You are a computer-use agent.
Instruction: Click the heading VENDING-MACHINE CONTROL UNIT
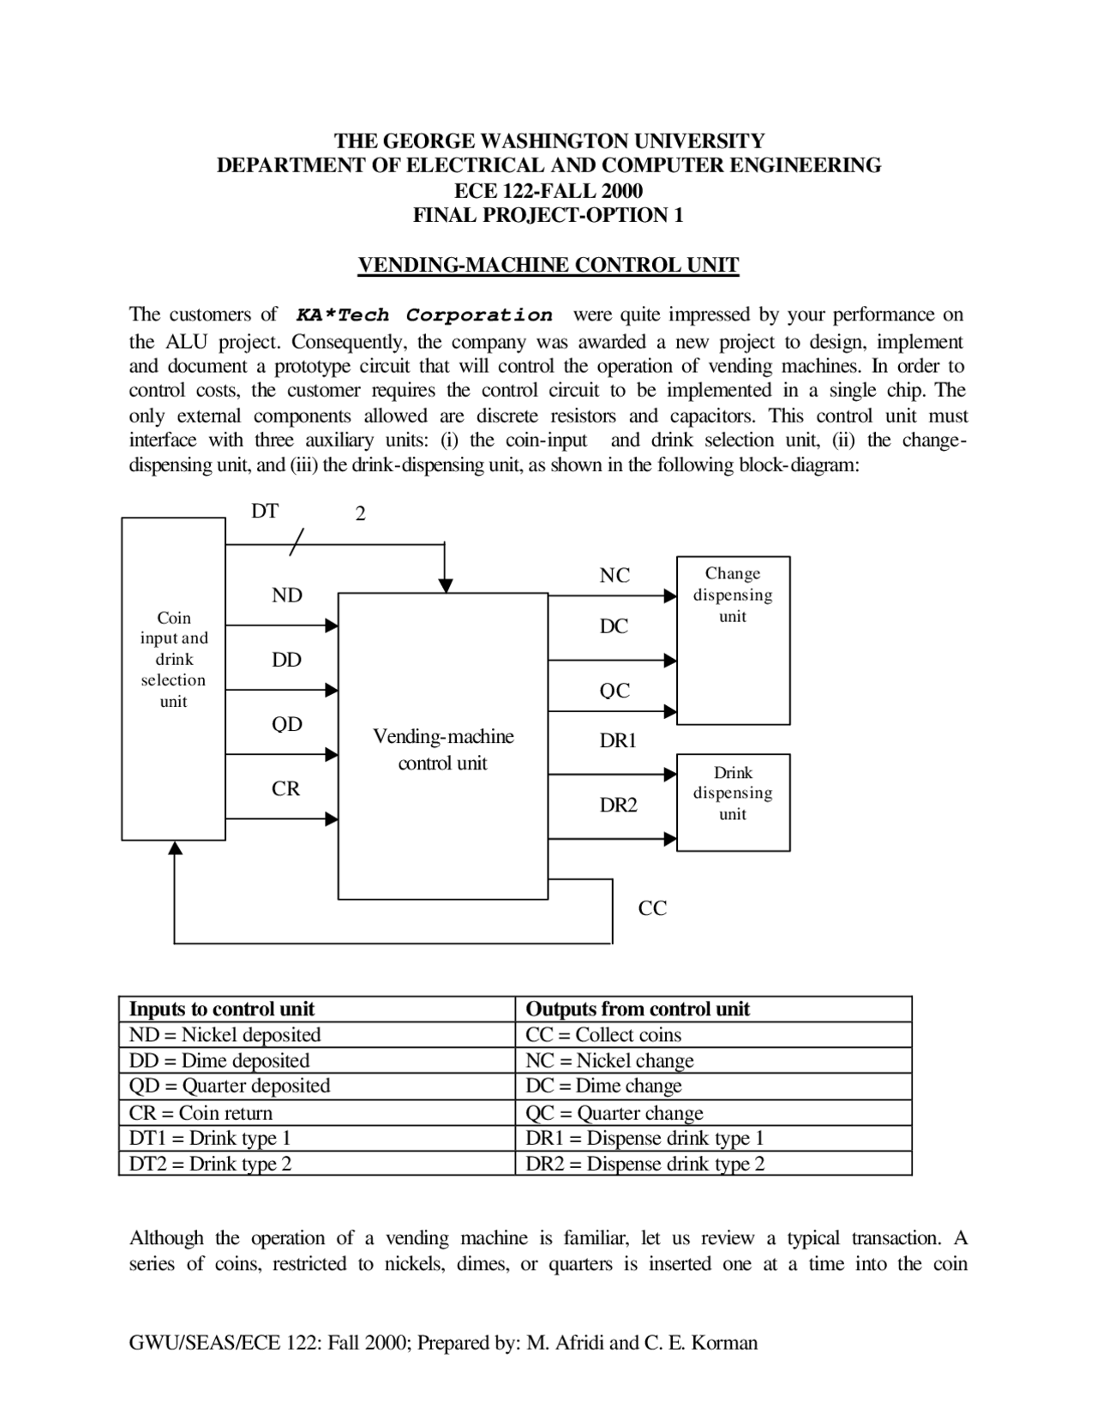pos(548,265)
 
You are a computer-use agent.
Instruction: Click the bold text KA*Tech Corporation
pos(424,315)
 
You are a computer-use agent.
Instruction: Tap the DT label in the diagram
pos(265,512)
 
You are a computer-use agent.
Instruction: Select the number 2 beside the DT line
pos(360,514)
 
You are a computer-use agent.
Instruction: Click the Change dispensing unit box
pos(733,640)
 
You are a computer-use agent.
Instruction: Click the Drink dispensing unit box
pos(733,802)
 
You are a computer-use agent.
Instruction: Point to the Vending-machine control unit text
pos(443,750)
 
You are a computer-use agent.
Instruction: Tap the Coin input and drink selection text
pos(174,659)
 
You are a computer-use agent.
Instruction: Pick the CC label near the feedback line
pos(652,908)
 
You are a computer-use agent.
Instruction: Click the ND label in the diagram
pos(287,596)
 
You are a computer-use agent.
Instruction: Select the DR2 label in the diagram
pos(618,805)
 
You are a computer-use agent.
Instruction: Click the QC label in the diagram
pos(614,691)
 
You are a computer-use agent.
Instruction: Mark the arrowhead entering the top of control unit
pos(445,586)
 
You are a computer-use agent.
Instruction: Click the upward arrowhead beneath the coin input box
pos(175,847)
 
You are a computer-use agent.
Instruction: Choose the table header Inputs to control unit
pos(222,1009)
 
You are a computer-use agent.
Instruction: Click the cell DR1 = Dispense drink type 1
pos(644,1139)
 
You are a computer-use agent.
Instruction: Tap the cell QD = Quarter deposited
pos(229,1087)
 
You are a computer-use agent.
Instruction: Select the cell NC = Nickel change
pos(609,1061)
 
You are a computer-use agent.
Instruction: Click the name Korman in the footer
pos(724,1343)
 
